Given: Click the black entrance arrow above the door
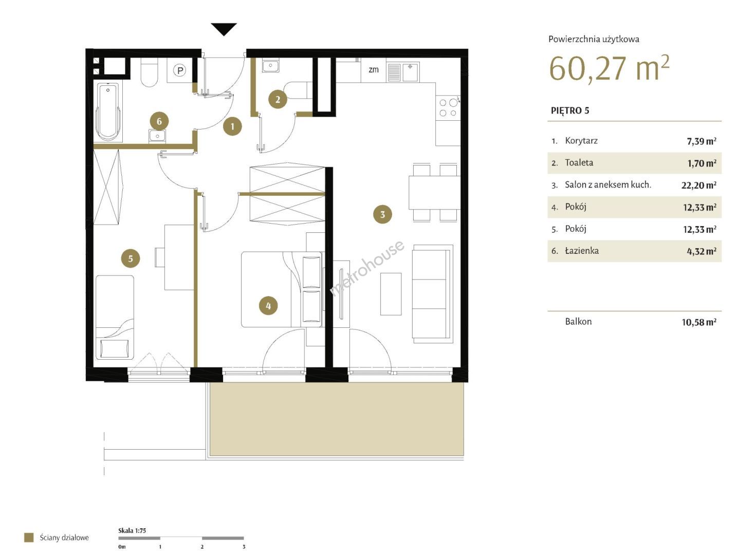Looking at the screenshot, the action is pyautogui.click(x=224, y=29).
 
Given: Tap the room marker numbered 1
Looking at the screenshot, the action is pyautogui.click(x=232, y=126).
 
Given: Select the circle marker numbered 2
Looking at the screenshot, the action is pyautogui.click(x=278, y=99).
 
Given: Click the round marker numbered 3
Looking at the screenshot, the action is pyautogui.click(x=382, y=214).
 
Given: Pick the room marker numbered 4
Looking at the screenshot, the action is pyautogui.click(x=268, y=306).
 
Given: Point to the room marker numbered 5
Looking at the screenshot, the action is pyautogui.click(x=131, y=258).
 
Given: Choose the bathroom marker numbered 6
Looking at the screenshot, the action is pyautogui.click(x=159, y=121).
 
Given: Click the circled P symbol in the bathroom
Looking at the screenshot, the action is pyautogui.click(x=180, y=70).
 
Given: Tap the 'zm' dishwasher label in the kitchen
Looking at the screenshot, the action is pyautogui.click(x=374, y=69).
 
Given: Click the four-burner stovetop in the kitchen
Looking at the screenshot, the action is pyautogui.click(x=448, y=107).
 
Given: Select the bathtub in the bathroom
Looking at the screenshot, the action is pyautogui.click(x=108, y=112).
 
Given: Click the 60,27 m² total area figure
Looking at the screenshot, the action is pyautogui.click(x=609, y=68).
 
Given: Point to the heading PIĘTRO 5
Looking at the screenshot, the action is pyautogui.click(x=570, y=110).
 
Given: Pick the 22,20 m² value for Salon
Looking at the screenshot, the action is pyautogui.click(x=698, y=185).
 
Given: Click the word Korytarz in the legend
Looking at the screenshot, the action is pyautogui.click(x=581, y=140).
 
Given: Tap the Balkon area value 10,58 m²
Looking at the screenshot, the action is pyautogui.click(x=698, y=322).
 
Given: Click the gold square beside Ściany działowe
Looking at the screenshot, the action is pyautogui.click(x=29, y=538).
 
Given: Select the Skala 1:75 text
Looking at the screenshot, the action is pyautogui.click(x=132, y=531).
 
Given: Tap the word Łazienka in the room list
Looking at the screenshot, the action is pyautogui.click(x=582, y=250).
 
